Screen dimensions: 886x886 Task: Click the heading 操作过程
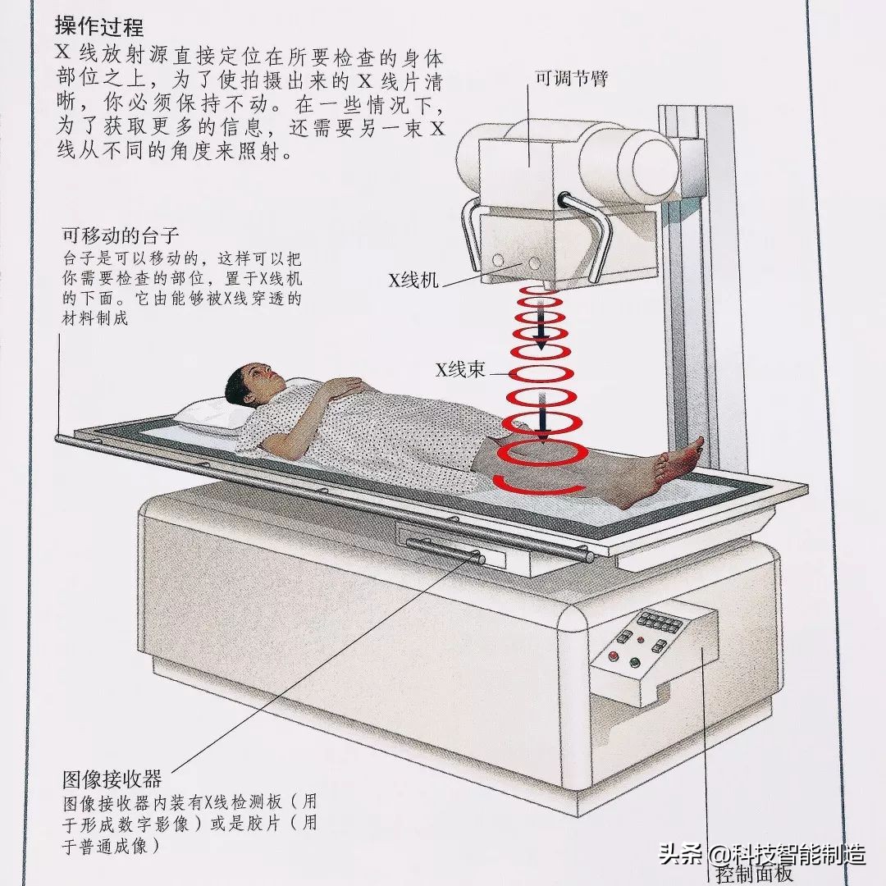[x=99, y=26]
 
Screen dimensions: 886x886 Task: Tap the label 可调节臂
[x=571, y=80]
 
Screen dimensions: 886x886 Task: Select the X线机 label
[x=413, y=281]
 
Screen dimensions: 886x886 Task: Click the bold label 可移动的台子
[x=120, y=235]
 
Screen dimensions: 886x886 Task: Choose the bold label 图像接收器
[x=112, y=778]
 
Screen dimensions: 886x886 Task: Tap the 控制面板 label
[x=754, y=873]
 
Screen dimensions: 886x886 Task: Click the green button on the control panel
[x=633, y=662]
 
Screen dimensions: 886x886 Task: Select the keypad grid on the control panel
[x=660, y=622]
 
